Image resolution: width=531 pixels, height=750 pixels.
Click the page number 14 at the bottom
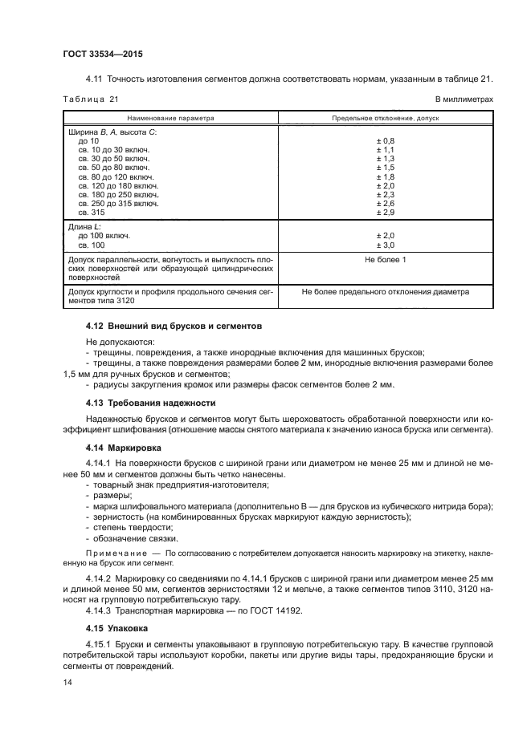[x=67, y=682]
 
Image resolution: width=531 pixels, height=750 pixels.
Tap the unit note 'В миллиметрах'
[x=464, y=99]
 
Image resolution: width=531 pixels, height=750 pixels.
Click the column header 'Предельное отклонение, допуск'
[x=386, y=117]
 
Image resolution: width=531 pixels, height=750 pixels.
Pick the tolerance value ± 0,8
[x=386, y=140]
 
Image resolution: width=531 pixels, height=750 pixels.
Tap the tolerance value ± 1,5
[x=386, y=167]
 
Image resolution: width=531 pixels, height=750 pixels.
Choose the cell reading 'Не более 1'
[x=386, y=260]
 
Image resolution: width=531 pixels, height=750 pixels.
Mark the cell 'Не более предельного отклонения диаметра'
[x=386, y=292]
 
